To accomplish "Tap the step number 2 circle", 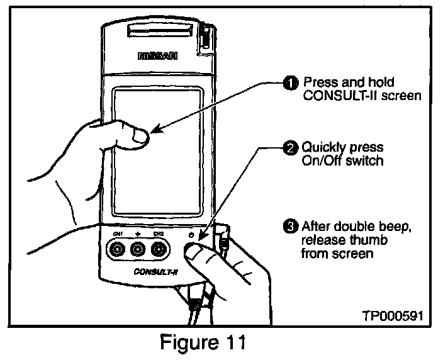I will click(x=290, y=149).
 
